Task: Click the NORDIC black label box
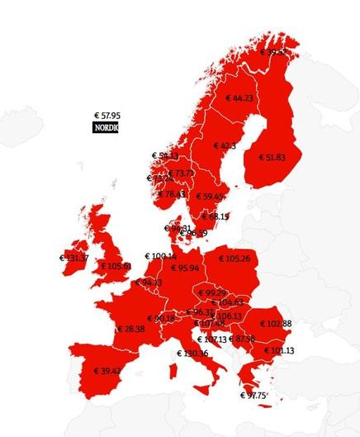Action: pyautogui.click(x=106, y=128)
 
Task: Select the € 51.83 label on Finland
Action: pyautogui.click(x=272, y=157)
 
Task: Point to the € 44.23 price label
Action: pyautogui.click(x=239, y=98)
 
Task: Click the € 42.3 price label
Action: pyautogui.click(x=225, y=146)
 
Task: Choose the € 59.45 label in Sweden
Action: pyautogui.click(x=208, y=197)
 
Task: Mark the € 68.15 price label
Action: pyautogui.click(x=215, y=216)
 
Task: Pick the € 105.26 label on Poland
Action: pyautogui.click(x=234, y=259)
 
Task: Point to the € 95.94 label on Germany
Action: pyautogui.click(x=185, y=268)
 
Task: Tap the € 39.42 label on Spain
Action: pyautogui.click(x=107, y=371)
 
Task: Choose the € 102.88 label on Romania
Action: pyautogui.click(x=276, y=323)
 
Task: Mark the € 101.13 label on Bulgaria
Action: pyautogui.click(x=279, y=350)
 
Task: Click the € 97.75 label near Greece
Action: pyautogui.click(x=253, y=396)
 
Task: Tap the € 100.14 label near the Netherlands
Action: pyautogui.click(x=160, y=257)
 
